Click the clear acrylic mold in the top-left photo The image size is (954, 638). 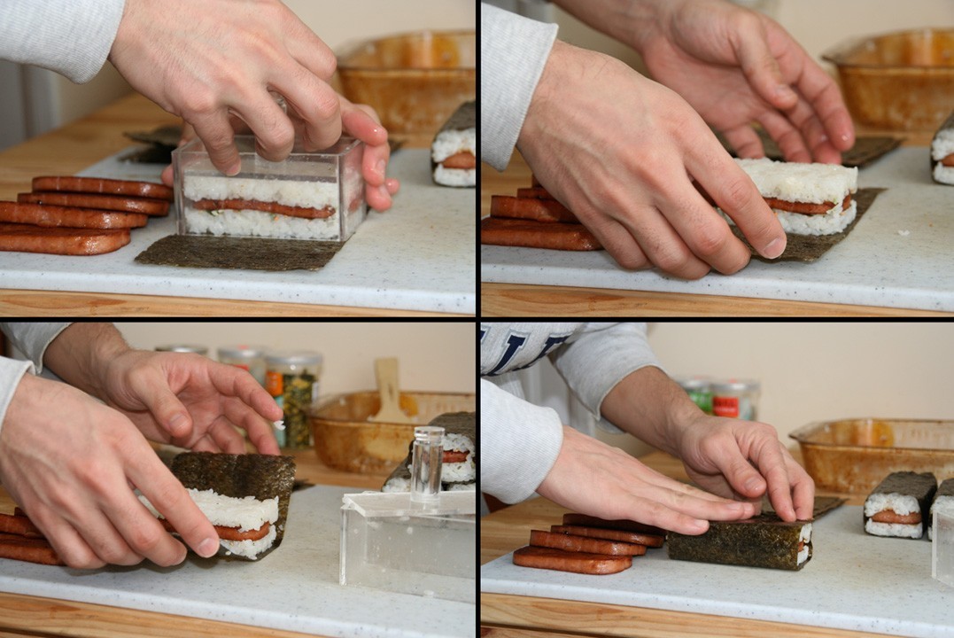[x=266, y=191]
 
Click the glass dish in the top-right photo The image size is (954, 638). [x=895, y=80]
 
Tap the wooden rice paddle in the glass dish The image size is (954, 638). [x=390, y=390]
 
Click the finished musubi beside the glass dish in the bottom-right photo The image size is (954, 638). [x=897, y=504]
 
